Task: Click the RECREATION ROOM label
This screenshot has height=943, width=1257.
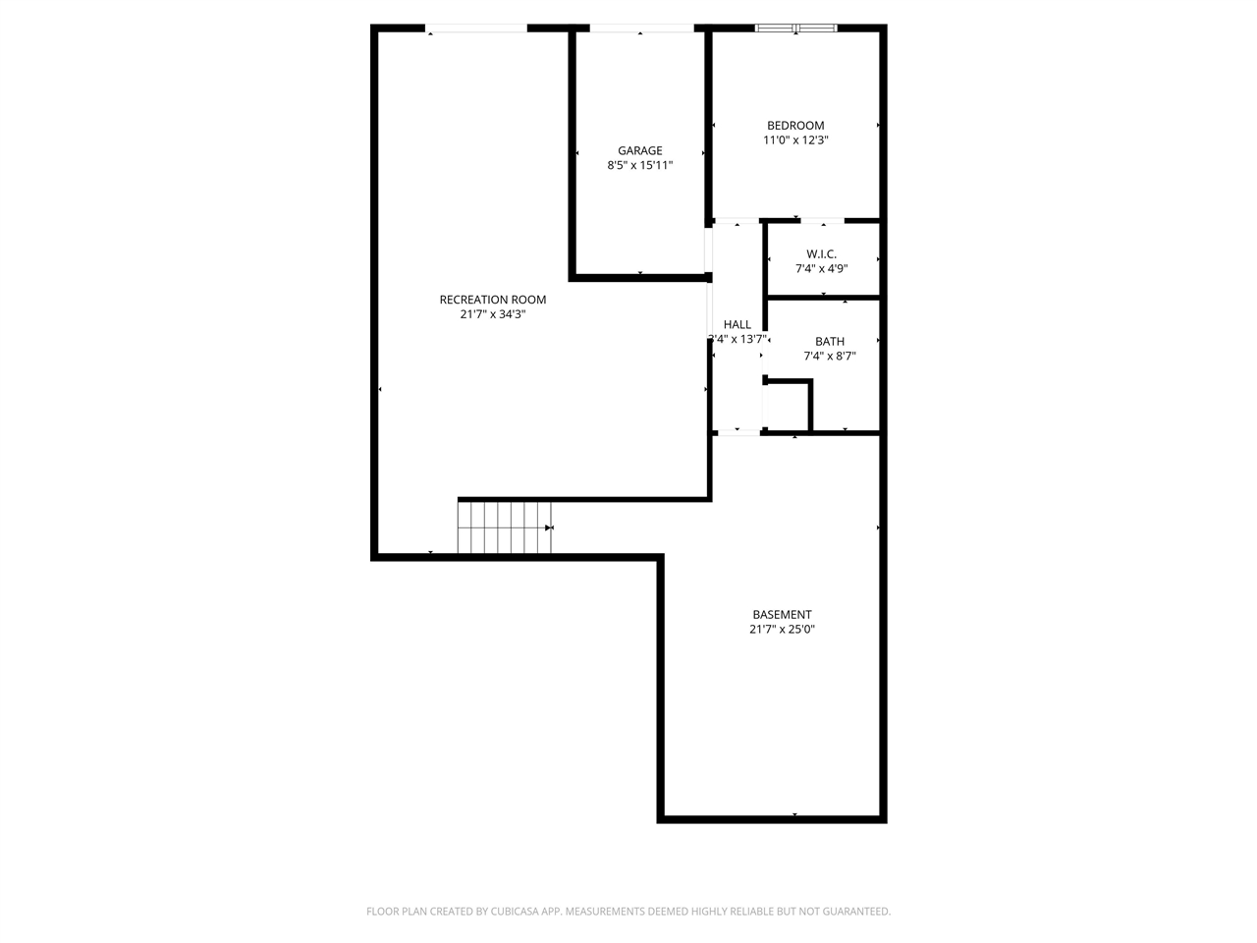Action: pyautogui.click(x=492, y=300)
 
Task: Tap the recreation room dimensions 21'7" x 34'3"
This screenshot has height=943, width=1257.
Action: pyautogui.click(x=492, y=314)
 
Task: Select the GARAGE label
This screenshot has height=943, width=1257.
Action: pyautogui.click(x=639, y=150)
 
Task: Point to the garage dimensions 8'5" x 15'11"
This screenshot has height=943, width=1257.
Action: pyautogui.click(x=639, y=165)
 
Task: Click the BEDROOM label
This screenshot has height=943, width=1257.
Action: pyautogui.click(x=795, y=125)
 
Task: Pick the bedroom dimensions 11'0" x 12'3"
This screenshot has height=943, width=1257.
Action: pyautogui.click(x=795, y=139)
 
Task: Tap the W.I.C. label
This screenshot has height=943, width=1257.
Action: pyautogui.click(x=821, y=253)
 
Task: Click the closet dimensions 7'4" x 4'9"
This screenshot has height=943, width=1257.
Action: pyautogui.click(x=821, y=268)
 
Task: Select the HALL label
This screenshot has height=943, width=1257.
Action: pyautogui.click(x=737, y=324)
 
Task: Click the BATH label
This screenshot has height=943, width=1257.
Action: pyautogui.click(x=829, y=341)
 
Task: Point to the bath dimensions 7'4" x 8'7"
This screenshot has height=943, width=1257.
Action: pyautogui.click(x=829, y=356)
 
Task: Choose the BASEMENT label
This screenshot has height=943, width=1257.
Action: pyautogui.click(x=782, y=614)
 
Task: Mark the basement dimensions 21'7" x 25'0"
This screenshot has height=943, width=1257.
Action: pyautogui.click(x=782, y=629)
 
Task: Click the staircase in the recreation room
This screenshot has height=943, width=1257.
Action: pyautogui.click(x=505, y=527)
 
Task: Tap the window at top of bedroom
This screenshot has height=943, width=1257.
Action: pyautogui.click(x=795, y=28)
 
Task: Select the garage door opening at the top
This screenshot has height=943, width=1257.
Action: pyautogui.click(x=640, y=29)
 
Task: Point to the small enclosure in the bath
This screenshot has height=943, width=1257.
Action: pyautogui.click(x=787, y=407)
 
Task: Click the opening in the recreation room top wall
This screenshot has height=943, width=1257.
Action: pyautogui.click(x=477, y=29)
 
